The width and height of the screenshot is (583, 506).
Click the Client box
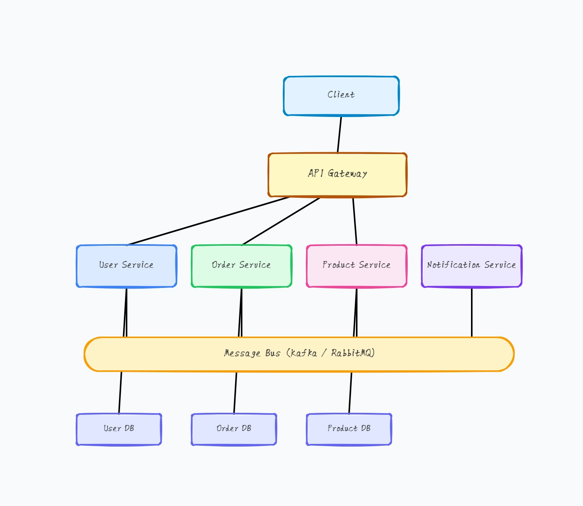(341, 96)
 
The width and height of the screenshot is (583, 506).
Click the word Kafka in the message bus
(304, 353)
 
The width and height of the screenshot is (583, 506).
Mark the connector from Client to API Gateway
(339, 134)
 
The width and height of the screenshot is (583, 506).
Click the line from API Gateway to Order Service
(281, 221)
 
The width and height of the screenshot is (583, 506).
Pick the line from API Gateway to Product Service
(355, 221)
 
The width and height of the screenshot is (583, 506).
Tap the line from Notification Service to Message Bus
(471, 312)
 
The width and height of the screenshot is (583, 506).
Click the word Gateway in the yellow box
(347, 174)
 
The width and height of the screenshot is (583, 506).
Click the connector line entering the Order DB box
(235, 393)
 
